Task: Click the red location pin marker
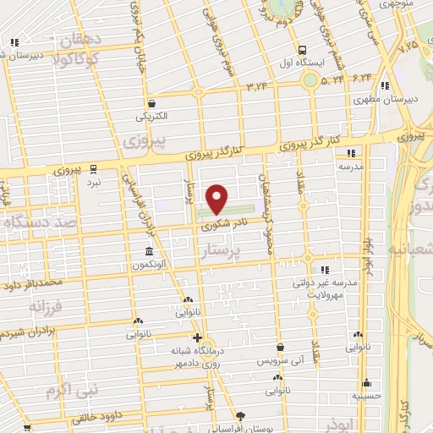[218, 198]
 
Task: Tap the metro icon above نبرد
[94, 167]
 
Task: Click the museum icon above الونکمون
[149, 252]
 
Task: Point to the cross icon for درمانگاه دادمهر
[197, 337]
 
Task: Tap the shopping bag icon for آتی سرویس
[279, 346]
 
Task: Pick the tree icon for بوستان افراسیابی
[240, 416]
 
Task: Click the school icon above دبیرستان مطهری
[385, 85]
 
